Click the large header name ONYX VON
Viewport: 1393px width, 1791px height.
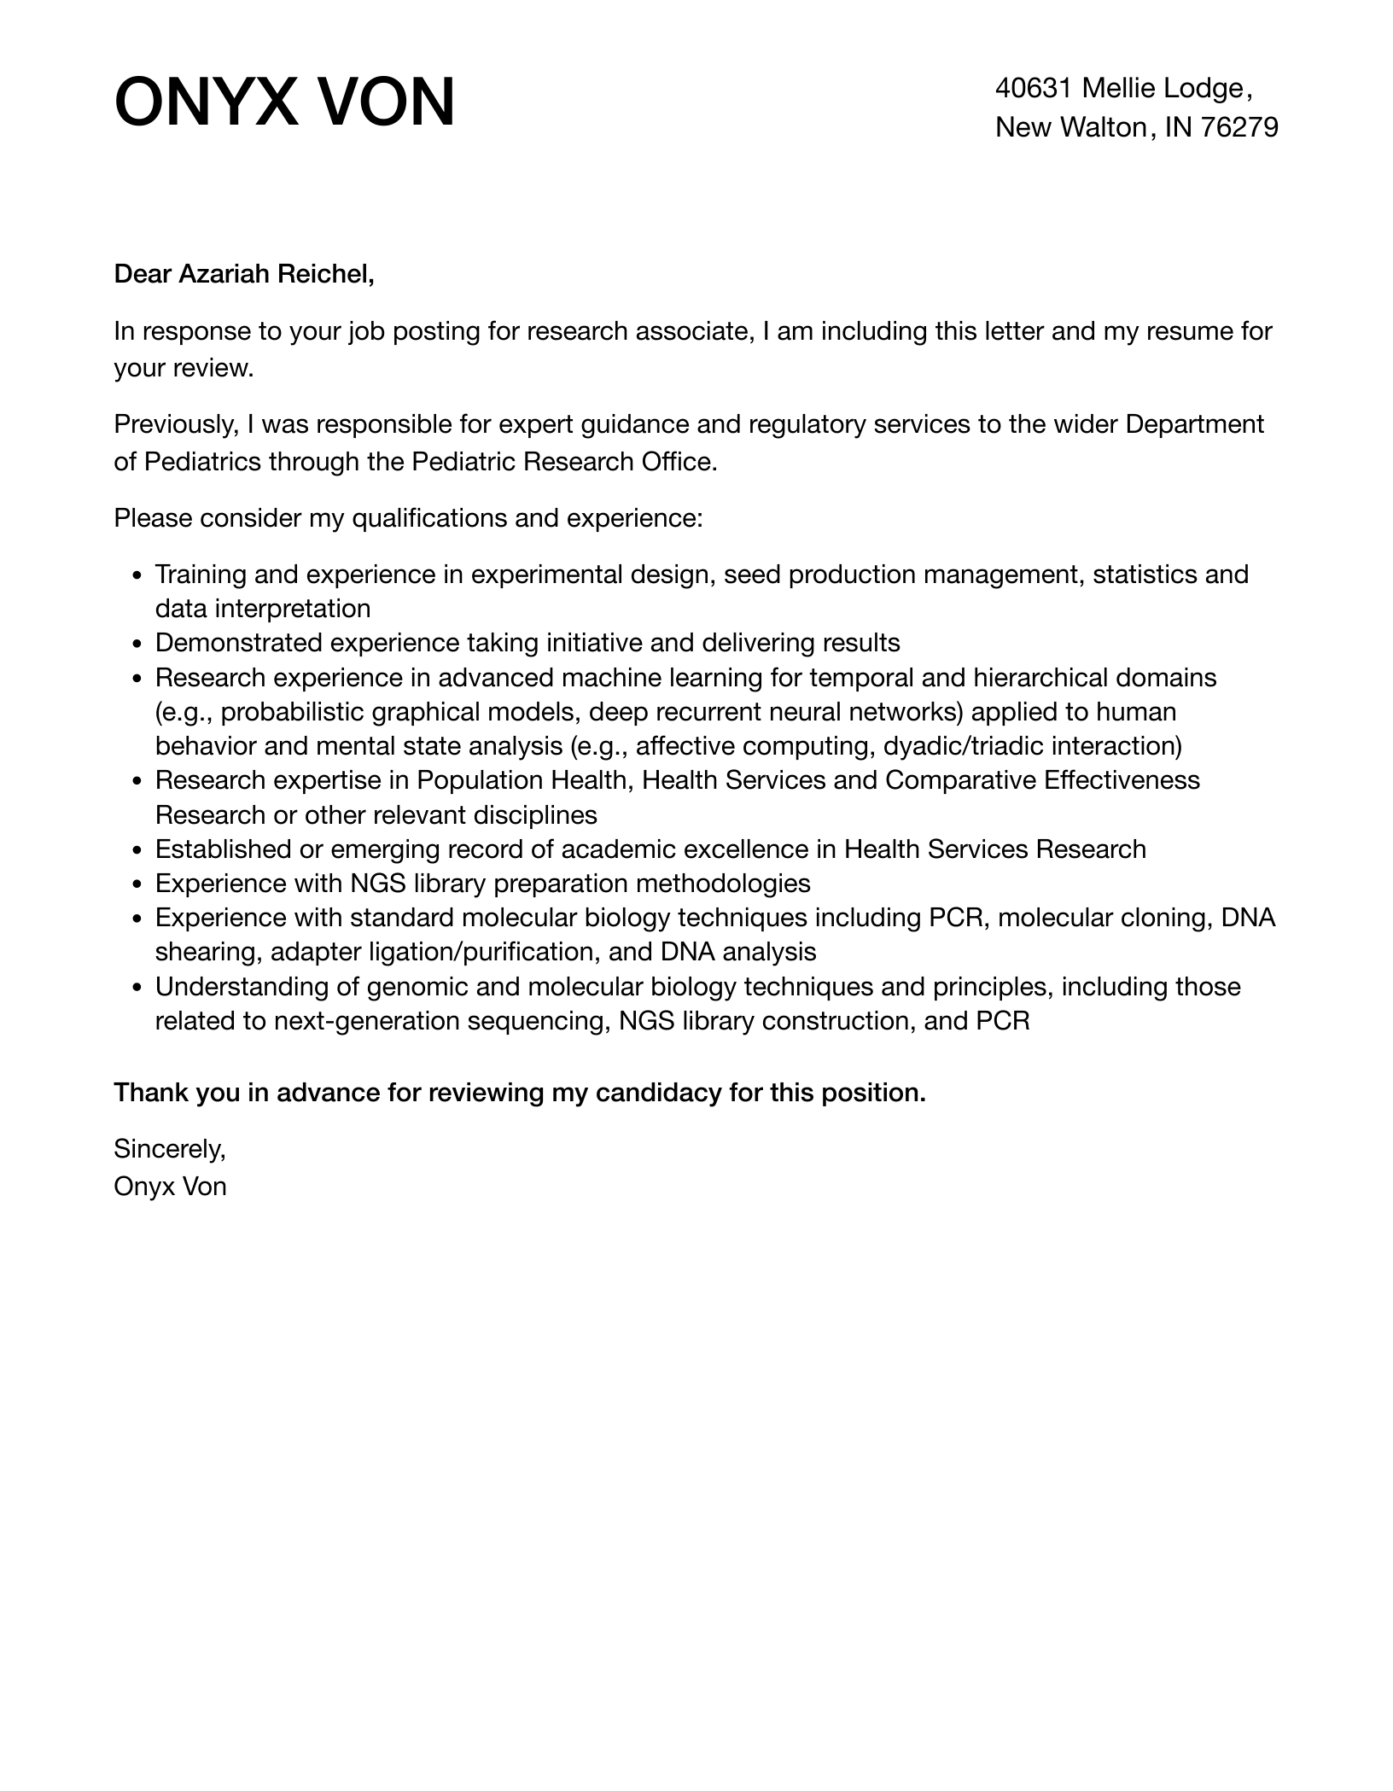point(284,102)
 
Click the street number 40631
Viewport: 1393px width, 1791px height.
point(1032,88)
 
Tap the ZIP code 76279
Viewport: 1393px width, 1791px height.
point(1239,127)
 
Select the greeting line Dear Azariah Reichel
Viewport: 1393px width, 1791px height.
point(244,274)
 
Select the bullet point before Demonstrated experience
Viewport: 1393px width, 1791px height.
point(137,644)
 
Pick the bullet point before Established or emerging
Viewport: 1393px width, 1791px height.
point(137,850)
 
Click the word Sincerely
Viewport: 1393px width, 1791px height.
point(169,1149)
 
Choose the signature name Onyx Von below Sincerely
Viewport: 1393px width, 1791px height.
point(170,1187)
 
